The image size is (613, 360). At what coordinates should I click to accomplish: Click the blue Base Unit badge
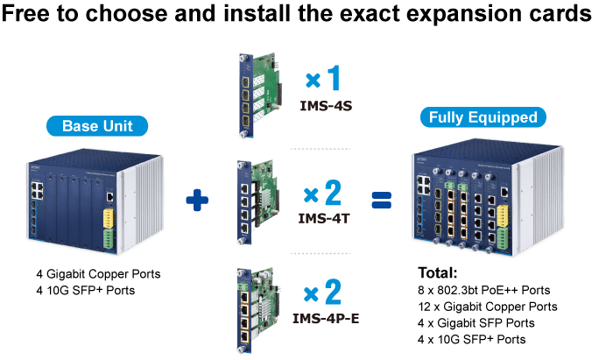tap(97, 126)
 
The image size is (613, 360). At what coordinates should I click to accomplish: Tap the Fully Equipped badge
tap(483, 117)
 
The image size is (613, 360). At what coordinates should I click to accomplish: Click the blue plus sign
tap(197, 200)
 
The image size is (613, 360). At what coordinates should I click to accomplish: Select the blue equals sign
tap(381, 200)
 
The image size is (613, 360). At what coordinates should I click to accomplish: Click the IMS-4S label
tap(326, 106)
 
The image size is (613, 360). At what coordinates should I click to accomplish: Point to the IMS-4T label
tap(324, 218)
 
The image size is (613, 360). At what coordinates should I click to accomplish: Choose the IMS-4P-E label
tap(326, 319)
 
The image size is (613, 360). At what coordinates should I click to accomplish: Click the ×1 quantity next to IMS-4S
tap(323, 78)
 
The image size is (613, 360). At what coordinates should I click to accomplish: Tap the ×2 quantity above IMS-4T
tap(323, 193)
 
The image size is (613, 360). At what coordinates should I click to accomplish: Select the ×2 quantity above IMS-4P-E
tap(323, 292)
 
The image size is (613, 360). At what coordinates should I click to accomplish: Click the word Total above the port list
tap(438, 272)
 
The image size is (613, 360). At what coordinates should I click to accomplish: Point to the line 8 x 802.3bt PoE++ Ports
tap(484, 290)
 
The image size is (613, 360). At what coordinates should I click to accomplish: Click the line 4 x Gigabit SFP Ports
tap(476, 323)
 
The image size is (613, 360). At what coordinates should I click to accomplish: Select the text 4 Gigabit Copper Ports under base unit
tap(98, 274)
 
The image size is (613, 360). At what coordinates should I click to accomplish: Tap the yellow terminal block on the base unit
tap(109, 218)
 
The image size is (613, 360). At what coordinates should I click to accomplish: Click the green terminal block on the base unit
tap(109, 238)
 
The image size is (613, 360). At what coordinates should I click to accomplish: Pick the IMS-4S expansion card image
tap(260, 95)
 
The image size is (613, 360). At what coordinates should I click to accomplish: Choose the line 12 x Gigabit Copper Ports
tap(488, 307)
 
